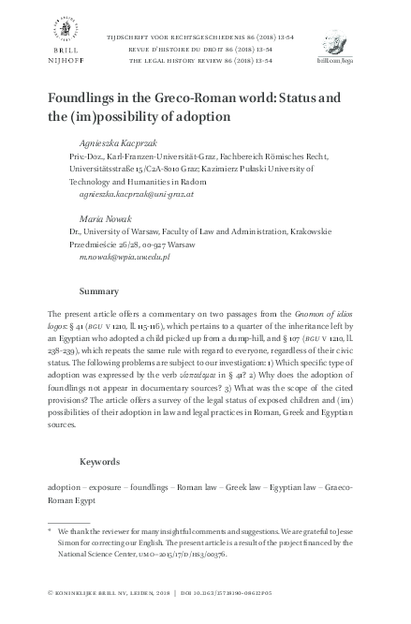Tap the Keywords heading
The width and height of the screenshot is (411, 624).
[x=101, y=461]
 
